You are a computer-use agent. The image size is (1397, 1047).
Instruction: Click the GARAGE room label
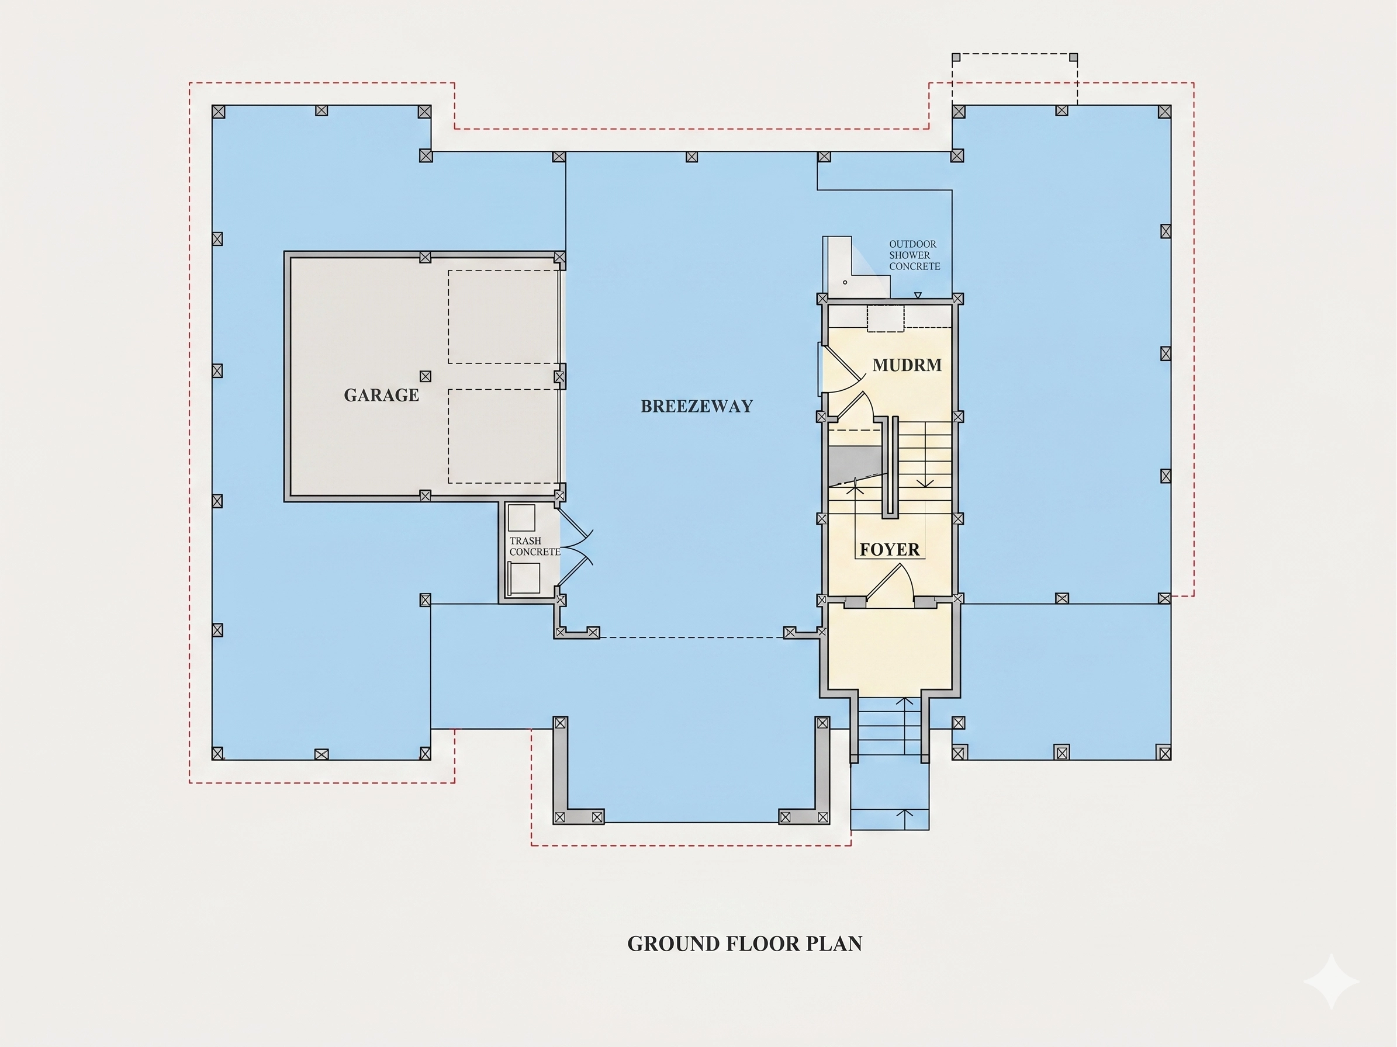(381, 395)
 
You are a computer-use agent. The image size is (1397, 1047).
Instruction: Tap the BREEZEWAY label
(697, 407)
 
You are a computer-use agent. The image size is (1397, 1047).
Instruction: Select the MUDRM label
(907, 365)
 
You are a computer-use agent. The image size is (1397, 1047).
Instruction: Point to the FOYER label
(889, 550)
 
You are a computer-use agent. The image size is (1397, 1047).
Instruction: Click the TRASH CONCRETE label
(534, 546)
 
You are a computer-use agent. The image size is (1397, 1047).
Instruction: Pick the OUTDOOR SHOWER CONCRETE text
(915, 255)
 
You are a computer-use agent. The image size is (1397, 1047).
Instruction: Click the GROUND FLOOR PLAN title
(745, 944)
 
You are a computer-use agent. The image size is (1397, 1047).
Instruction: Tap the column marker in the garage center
(426, 376)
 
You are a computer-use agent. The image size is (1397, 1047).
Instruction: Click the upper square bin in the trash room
(521, 518)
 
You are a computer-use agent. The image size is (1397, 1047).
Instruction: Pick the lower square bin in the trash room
(524, 578)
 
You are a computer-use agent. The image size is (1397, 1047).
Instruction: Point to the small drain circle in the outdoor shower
(845, 282)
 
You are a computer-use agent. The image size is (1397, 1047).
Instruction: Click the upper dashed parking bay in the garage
(503, 317)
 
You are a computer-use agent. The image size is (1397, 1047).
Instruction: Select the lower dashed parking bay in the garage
(503, 436)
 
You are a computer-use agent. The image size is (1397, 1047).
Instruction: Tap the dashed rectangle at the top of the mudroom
(886, 318)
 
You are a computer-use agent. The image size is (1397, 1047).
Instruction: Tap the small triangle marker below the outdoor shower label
(918, 294)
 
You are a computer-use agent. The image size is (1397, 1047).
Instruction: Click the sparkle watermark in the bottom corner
(1332, 981)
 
